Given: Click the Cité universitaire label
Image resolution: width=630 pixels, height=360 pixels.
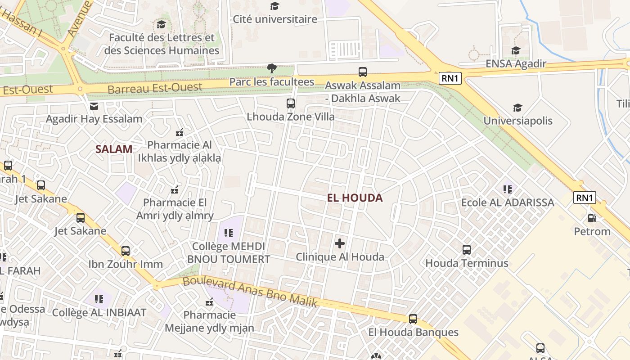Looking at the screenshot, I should pyautogui.click(x=274, y=19).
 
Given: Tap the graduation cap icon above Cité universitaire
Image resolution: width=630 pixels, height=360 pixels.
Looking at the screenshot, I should pyautogui.click(x=274, y=6).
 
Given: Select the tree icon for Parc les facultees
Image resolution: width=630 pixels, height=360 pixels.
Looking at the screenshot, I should pyautogui.click(x=271, y=68).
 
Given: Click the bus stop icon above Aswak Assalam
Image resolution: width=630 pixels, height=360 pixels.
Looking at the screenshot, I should pyautogui.click(x=362, y=72).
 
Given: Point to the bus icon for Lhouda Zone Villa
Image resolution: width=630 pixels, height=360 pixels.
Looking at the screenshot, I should pyautogui.click(x=290, y=103).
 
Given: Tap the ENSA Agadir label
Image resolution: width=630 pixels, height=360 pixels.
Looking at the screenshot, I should pyautogui.click(x=516, y=63).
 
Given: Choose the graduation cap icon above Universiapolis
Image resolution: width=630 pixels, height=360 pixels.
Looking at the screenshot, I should pyautogui.click(x=517, y=108).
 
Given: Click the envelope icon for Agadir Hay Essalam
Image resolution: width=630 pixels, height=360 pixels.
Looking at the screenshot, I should pyautogui.click(x=94, y=106).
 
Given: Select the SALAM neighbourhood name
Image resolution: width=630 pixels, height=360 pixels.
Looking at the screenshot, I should pyautogui.click(x=114, y=149).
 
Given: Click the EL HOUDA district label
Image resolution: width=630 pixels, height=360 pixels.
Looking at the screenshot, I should pyautogui.click(x=355, y=198).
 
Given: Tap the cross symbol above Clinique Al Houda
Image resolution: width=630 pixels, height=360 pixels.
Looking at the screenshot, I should pyautogui.click(x=340, y=244).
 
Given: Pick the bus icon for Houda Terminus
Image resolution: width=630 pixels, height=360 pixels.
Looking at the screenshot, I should pyautogui.click(x=467, y=249).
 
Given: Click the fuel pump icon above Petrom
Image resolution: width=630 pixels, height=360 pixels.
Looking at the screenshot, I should pyautogui.click(x=592, y=218).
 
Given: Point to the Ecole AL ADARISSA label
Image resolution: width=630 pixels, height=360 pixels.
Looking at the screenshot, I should pyautogui.click(x=508, y=202).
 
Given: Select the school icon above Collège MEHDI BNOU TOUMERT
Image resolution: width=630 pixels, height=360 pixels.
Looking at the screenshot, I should pyautogui.click(x=229, y=233).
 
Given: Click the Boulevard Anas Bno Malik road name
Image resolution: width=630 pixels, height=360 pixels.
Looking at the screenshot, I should pyautogui.click(x=250, y=293).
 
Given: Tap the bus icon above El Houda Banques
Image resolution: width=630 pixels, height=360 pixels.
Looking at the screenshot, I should pyautogui.click(x=413, y=319).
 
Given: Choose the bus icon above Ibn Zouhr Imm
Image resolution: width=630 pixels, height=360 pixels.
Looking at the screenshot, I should pyautogui.click(x=125, y=251).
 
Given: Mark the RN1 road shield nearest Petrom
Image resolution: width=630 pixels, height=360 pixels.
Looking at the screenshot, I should pyautogui.click(x=585, y=198).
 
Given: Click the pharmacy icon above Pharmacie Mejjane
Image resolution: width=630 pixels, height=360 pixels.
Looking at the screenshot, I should pyautogui.click(x=209, y=301).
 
